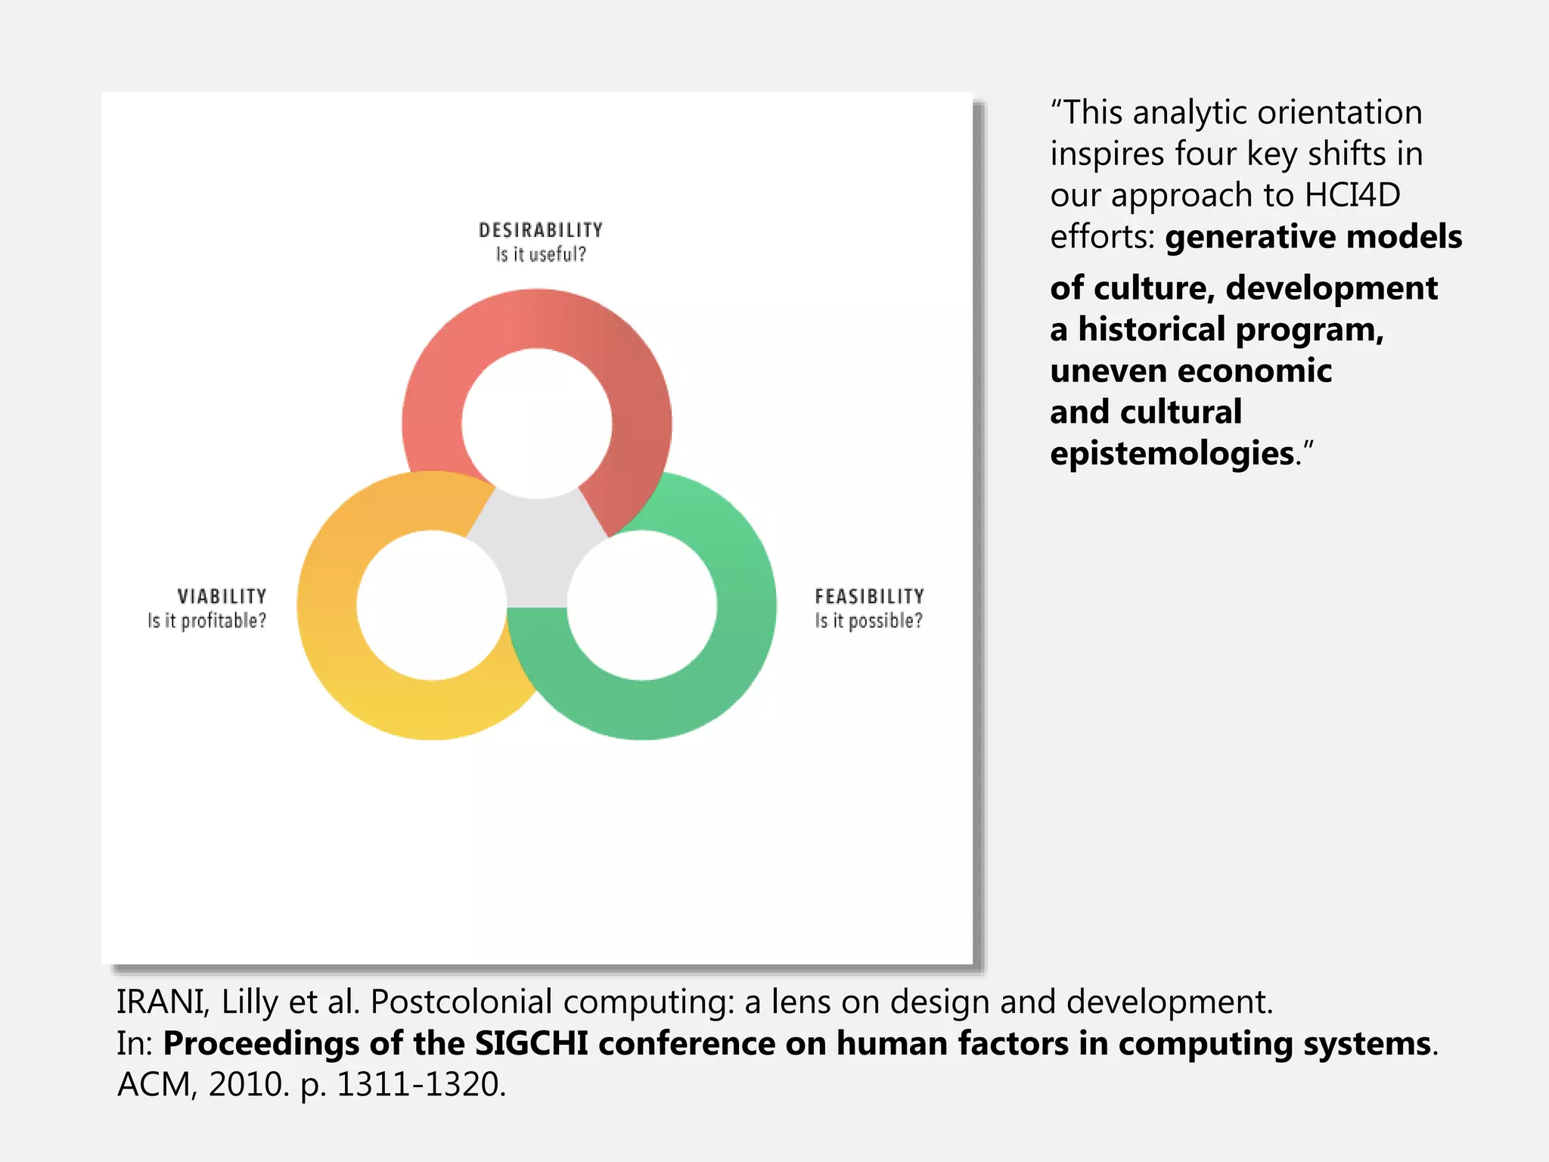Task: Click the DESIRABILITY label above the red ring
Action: click(x=540, y=229)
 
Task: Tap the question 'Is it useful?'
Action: click(x=540, y=255)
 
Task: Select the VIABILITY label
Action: click(x=222, y=596)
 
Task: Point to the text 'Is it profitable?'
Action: click(x=206, y=621)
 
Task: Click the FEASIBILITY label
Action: click(x=869, y=596)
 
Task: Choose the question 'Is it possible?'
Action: click(x=868, y=621)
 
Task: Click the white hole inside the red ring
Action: click(x=536, y=424)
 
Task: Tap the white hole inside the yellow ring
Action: click(x=431, y=605)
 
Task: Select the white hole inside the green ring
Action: click(x=641, y=605)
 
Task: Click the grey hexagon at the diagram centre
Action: click(x=536, y=552)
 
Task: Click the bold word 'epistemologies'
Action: click(x=1172, y=453)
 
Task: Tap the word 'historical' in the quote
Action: click(x=1151, y=330)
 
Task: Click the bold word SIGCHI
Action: click(x=531, y=1043)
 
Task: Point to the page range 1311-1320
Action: click(x=420, y=1084)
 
